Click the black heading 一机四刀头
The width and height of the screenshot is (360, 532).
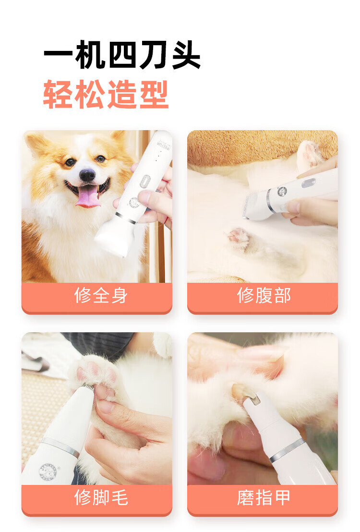tap(122, 55)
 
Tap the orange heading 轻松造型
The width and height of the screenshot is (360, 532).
tap(106, 94)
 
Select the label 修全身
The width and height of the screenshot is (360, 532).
tap(101, 295)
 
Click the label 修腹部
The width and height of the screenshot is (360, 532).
tap(264, 295)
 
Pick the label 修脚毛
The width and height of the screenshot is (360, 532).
tap(101, 497)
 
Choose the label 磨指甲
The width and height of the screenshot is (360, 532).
tap(264, 497)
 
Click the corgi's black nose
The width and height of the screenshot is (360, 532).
tap(87, 175)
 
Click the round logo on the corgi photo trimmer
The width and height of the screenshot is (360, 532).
tap(134, 202)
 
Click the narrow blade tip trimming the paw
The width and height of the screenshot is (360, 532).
tap(88, 387)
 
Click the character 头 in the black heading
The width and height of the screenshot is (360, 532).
tap(186, 55)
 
